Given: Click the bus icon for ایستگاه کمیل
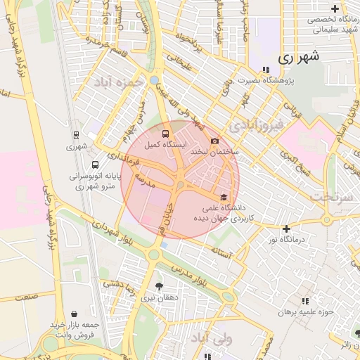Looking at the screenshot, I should tap(165, 132).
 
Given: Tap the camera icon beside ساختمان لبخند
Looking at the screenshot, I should tap(214, 141).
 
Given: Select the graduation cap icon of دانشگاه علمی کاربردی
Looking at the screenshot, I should tap(224, 197).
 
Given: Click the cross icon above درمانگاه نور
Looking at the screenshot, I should tap(285, 229).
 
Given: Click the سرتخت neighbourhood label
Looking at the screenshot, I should tap(333, 196).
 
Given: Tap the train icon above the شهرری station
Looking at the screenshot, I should tap(76, 134).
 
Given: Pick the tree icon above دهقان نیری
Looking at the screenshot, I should tap(159, 286).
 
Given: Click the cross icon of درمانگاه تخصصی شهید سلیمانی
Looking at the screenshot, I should tap(335, 9).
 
